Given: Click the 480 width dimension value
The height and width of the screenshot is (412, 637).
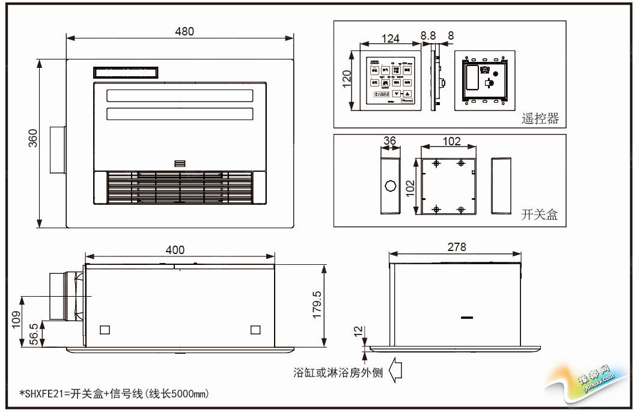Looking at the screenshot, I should click(184, 31).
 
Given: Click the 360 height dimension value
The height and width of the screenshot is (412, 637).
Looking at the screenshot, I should click(34, 138).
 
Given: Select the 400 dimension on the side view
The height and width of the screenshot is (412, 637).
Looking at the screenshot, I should click(175, 250).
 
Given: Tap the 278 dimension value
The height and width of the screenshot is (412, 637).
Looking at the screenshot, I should click(456, 247).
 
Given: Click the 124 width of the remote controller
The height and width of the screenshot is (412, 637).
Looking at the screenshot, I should click(390, 39).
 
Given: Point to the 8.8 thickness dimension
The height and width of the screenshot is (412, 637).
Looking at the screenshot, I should click(428, 36).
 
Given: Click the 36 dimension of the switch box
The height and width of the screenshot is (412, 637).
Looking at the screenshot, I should click(389, 141).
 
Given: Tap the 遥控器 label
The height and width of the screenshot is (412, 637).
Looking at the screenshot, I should click(540, 118).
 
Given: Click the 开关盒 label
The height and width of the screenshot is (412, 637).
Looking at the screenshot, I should click(540, 215).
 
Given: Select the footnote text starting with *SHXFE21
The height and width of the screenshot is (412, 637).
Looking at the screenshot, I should click(114, 393).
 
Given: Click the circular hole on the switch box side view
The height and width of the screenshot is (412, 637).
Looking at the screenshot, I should click(390, 185).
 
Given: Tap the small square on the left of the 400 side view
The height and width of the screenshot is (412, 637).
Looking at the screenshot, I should click(105, 329).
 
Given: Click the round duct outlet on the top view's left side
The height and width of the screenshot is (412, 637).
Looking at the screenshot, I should click(57, 150).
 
